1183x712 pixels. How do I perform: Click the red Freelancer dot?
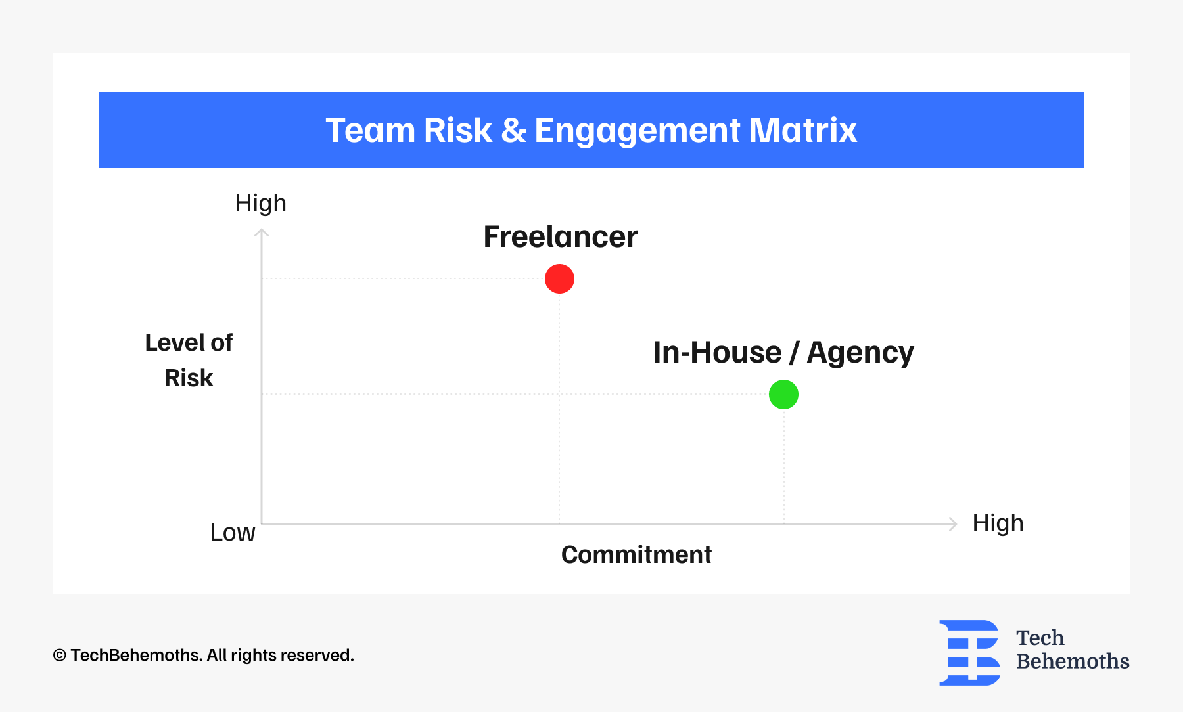559,278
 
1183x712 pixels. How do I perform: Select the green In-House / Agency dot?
783,394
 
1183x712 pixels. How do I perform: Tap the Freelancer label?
561,236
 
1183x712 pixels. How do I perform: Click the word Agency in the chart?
860,353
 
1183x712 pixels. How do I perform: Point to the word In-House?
717,352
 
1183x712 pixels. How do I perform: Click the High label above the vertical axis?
261,204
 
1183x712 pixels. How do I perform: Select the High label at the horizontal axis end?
998,523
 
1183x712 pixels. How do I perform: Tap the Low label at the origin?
233,533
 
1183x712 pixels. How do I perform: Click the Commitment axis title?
636,555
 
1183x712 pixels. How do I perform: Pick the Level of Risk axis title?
189,361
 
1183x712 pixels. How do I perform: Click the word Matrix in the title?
802,130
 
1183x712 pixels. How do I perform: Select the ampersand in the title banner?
513,130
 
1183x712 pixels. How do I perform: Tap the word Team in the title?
370,130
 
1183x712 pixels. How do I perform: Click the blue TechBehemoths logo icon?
969,653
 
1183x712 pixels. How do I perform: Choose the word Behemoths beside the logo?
1073,661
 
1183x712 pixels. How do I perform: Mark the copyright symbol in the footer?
60,656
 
